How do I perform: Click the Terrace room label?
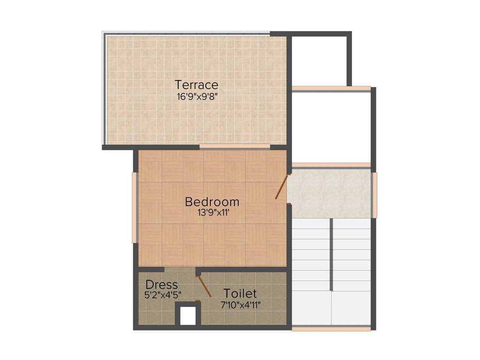196,85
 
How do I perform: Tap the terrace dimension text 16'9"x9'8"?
196,97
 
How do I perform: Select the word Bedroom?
212,202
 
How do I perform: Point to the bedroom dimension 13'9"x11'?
212,212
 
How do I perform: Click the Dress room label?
162,285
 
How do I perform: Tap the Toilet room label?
240,294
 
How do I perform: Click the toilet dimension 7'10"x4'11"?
240,304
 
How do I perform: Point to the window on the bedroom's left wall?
135,207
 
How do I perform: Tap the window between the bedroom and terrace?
234,147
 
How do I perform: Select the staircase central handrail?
332,254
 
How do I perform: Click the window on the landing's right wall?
375,195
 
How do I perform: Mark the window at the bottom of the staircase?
331,329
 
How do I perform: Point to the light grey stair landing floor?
330,193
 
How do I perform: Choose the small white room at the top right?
319,60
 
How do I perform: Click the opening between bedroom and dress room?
179,270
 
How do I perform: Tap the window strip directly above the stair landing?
331,165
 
